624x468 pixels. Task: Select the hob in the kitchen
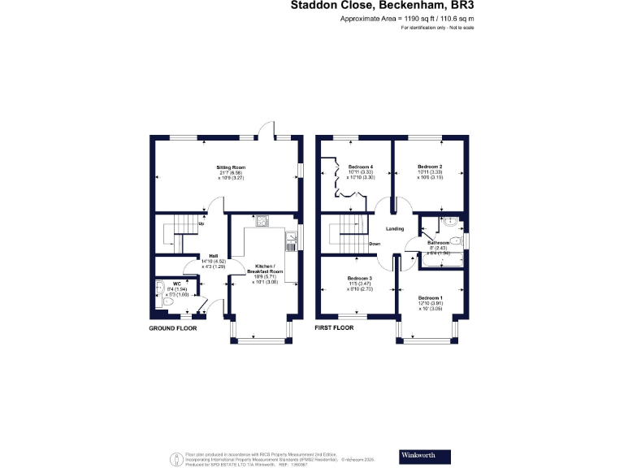point(263,220)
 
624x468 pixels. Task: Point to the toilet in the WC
point(167,301)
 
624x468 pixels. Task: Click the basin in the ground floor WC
point(158,286)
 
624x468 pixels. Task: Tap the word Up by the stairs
point(201,223)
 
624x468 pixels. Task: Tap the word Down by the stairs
point(375,244)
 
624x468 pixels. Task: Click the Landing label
point(395,228)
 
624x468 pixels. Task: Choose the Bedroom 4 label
point(360,167)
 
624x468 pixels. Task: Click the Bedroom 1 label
point(431,297)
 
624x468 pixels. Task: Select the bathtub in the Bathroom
point(440,262)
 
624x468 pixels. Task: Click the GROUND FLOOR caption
point(173,329)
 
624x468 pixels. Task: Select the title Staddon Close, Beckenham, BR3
point(382,6)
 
